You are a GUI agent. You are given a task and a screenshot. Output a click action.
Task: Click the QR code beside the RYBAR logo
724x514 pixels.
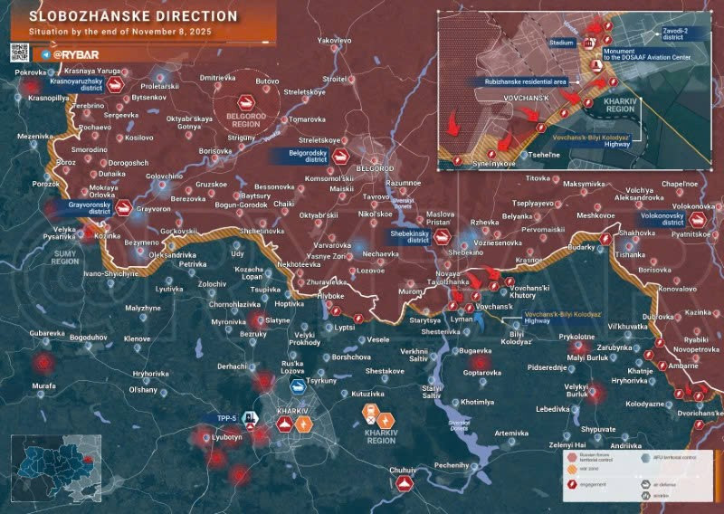tap(23, 53)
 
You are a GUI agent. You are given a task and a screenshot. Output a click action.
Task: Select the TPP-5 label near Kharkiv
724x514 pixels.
tap(226, 418)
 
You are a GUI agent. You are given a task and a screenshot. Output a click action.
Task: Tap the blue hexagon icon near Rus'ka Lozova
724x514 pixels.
tap(295, 385)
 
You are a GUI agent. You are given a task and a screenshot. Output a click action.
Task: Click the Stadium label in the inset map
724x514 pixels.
tap(563, 43)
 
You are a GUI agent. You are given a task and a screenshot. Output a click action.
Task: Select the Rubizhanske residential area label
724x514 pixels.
tap(518, 81)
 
